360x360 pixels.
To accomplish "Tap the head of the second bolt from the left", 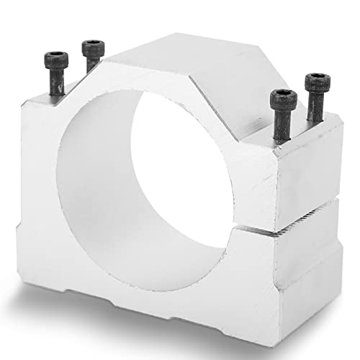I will pos(91,48).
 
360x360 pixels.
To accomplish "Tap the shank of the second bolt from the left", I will pos(91,65).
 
